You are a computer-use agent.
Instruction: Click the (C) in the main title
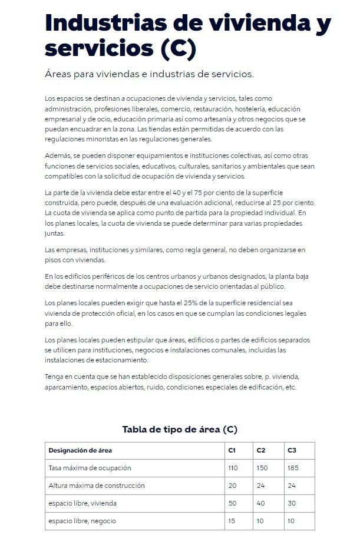tap(178, 48)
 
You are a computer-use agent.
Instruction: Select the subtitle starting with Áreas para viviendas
tap(149, 75)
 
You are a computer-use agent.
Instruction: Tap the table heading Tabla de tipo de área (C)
tap(180, 429)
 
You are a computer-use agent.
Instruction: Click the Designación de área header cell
tap(80, 450)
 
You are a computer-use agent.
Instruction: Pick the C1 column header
tap(232, 450)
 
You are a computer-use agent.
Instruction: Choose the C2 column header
tap(261, 450)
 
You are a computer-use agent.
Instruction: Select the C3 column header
tap(292, 450)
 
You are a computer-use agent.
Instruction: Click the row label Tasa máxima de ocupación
tap(90, 468)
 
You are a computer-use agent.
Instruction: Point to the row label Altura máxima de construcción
tap(96, 486)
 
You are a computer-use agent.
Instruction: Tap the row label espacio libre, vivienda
tap(82, 503)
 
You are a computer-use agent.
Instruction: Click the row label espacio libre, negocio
tap(82, 521)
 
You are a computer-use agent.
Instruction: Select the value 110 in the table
tap(233, 468)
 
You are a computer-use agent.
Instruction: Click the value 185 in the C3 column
tap(293, 468)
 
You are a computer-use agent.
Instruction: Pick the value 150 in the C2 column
tap(262, 468)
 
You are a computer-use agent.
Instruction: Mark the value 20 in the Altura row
tap(232, 486)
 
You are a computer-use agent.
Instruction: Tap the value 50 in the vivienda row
tap(232, 503)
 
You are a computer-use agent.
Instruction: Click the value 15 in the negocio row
tap(231, 521)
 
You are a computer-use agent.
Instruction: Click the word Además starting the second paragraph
tap(57, 156)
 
